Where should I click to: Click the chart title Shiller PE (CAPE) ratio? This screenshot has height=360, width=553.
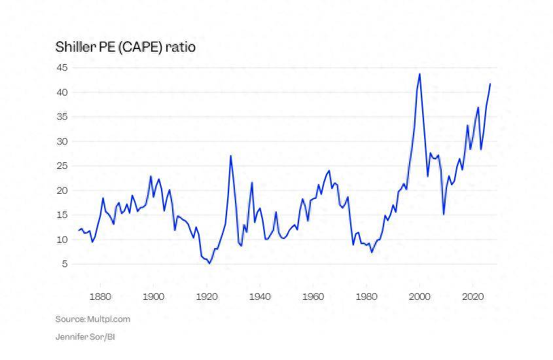pyautogui.click(x=126, y=47)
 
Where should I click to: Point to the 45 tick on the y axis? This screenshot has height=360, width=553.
pyautogui.click(x=62, y=67)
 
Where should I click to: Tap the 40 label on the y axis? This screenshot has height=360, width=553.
pyautogui.click(x=62, y=92)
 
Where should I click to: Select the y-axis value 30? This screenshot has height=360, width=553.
pyautogui.click(x=62, y=141)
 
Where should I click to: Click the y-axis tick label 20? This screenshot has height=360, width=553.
pyautogui.click(x=62, y=190)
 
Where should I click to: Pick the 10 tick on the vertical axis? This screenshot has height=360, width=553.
pyautogui.click(x=62, y=240)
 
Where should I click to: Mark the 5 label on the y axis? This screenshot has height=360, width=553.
pyautogui.click(x=64, y=264)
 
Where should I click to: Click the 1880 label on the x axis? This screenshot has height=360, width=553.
pyautogui.click(x=100, y=297)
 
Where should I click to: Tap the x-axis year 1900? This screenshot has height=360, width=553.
pyautogui.click(x=153, y=297)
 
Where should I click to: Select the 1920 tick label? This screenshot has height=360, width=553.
pyautogui.click(x=207, y=297)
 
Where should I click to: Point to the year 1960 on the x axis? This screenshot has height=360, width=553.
pyautogui.click(x=313, y=297)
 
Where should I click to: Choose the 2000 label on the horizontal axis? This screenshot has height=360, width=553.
pyautogui.click(x=419, y=297)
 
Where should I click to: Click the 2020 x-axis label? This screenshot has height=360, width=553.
pyautogui.click(x=473, y=297)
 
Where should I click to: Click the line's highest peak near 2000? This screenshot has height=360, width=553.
pyautogui.click(x=419, y=74)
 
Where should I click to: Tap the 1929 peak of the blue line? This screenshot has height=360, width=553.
pyautogui.click(x=230, y=156)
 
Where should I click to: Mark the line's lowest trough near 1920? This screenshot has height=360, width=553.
pyautogui.click(x=209, y=263)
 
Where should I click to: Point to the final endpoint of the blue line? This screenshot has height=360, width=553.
pyautogui.click(x=490, y=84)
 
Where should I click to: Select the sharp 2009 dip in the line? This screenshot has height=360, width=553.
pyautogui.click(x=444, y=214)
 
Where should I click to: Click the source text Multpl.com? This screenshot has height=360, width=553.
pyautogui.click(x=109, y=319)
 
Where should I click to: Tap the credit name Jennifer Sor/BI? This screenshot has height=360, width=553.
pyautogui.click(x=85, y=336)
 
